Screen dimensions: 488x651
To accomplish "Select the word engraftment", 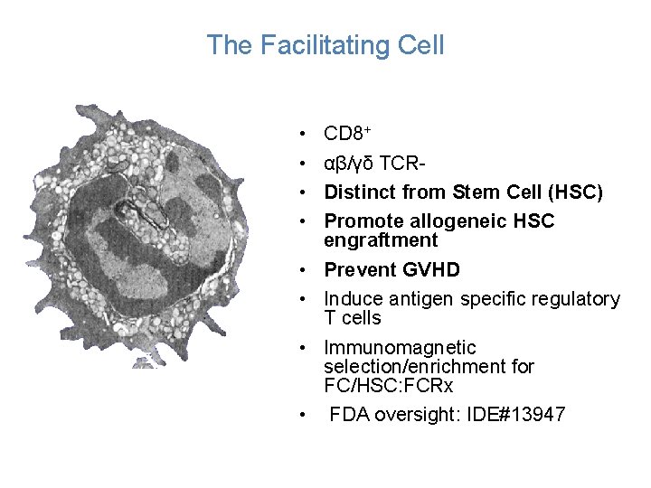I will (x=381, y=240).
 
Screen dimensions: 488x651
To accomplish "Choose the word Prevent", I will (x=359, y=269).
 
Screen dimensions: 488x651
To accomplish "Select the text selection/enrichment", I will (x=429, y=367).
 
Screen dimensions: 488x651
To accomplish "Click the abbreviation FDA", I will (x=347, y=415).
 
